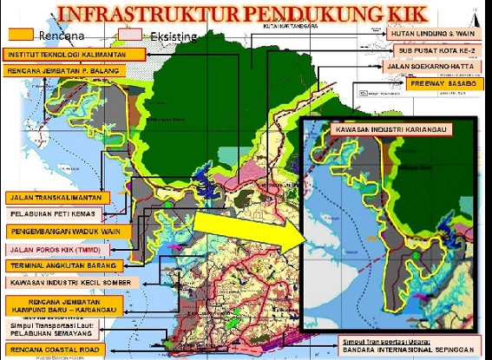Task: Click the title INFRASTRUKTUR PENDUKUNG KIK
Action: [246, 15]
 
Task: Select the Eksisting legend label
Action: [172, 37]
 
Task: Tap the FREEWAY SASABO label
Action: [442, 83]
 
